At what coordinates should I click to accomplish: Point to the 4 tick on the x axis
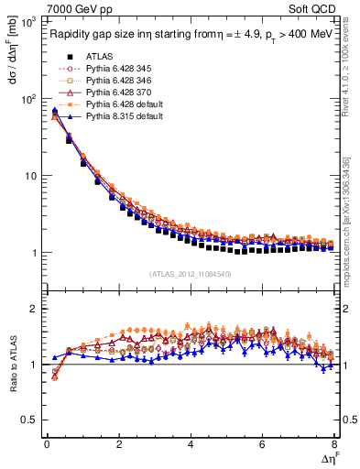click(x=191, y=446)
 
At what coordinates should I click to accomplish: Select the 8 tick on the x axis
click(x=334, y=446)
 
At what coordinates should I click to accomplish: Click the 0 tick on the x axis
click(x=47, y=446)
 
